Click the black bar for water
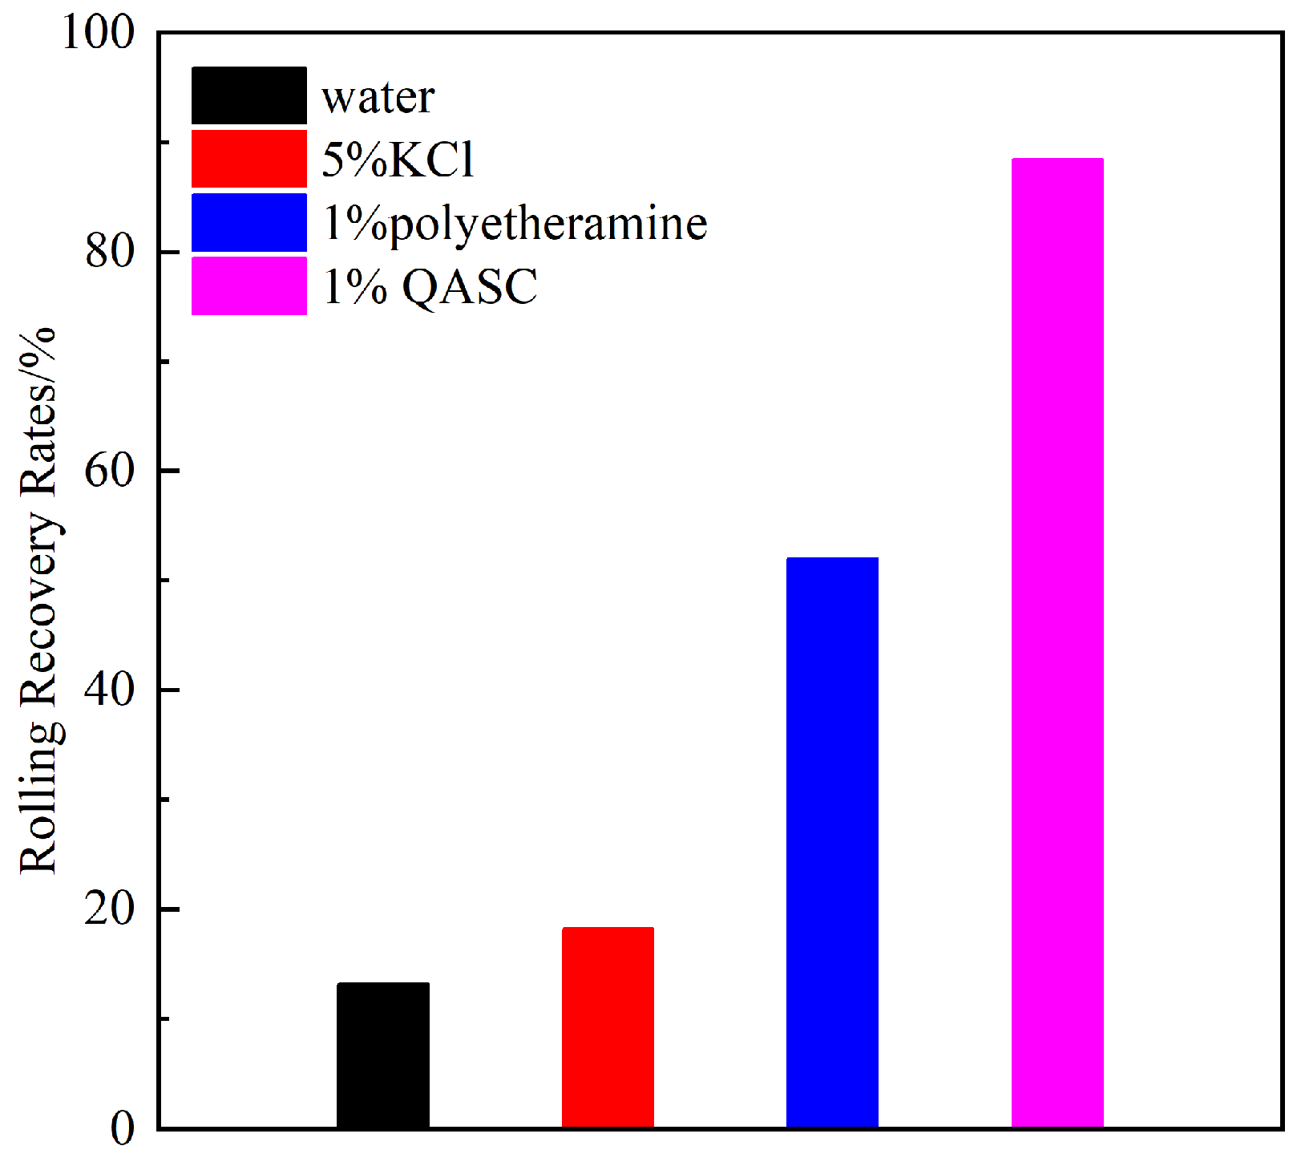pyautogui.click(x=382, y=1055)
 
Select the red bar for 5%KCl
pyautogui.click(x=608, y=1027)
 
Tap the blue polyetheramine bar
pyautogui.click(x=832, y=842)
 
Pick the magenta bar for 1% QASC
pyautogui.click(x=1057, y=642)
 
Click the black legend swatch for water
pyautogui.click(x=248, y=95)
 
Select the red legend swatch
pyautogui.click(x=248, y=159)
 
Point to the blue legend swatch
pyautogui.click(x=248, y=222)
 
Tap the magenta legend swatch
pyautogui.click(x=248, y=285)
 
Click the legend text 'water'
pyautogui.click(x=378, y=97)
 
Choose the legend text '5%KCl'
pyautogui.click(x=398, y=159)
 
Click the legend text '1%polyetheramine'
pyautogui.click(x=515, y=223)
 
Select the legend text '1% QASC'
pyautogui.click(x=430, y=286)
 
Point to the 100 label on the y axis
pyautogui.click(x=99, y=34)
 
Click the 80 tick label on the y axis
pyautogui.click(x=110, y=252)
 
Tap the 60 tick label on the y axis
pyautogui.click(x=110, y=471)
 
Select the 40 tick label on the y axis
pyautogui.click(x=110, y=690)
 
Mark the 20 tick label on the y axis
pyautogui.click(x=110, y=909)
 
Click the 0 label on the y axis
pyautogui.click(x=122, y=1128)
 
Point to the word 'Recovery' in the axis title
pyautogui.click(x=38, y=609)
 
